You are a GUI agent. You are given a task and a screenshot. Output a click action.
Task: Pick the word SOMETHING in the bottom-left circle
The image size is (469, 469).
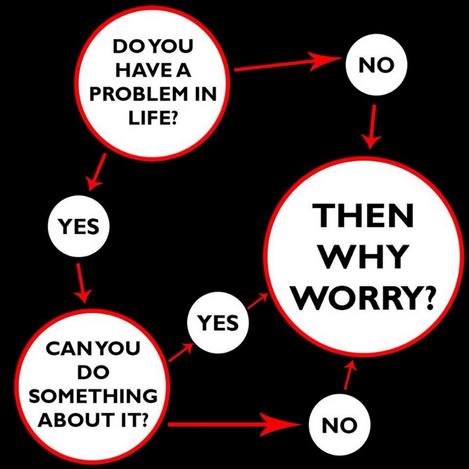tap(93, 396)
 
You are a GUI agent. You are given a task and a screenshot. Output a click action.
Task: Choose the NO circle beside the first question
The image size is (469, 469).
tap(377, 66)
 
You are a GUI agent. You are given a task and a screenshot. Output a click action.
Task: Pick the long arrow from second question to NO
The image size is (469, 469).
tap(234, 424)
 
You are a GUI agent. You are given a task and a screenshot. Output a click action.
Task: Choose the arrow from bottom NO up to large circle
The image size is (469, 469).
tap(349, 374)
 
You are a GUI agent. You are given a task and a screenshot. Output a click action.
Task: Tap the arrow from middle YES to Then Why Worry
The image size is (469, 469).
tap(257, 301)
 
